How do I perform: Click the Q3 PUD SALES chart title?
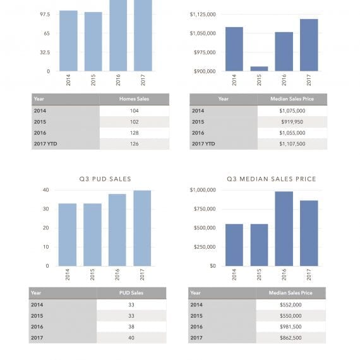coord(105,179)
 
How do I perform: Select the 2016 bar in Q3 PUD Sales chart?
coord(117,230)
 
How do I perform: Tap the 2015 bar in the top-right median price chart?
coord(259,69)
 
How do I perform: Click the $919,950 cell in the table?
coord(292,122)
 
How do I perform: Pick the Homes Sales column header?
coord(134,99)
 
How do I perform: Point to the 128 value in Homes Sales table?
coord(135,133)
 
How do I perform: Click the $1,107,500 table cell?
coord(292,144)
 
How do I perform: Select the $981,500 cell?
coord(291,327)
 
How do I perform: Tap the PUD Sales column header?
coord(131,293)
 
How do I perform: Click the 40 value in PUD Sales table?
coord(131,338)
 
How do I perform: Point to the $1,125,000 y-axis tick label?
coord(203,15)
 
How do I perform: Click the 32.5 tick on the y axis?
coord(45,52)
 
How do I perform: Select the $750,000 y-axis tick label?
coord(205,209)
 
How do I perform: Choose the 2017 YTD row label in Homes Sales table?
coord(45,144)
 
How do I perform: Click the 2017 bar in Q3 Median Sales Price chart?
coord(309,233)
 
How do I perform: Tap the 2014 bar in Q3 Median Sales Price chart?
coord(234,245)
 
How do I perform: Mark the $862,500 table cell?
coord(291,338)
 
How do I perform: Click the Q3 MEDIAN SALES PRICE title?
coord(272,179)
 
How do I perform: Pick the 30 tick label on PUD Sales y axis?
coord(46,209)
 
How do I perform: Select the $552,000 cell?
coord(291,305)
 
